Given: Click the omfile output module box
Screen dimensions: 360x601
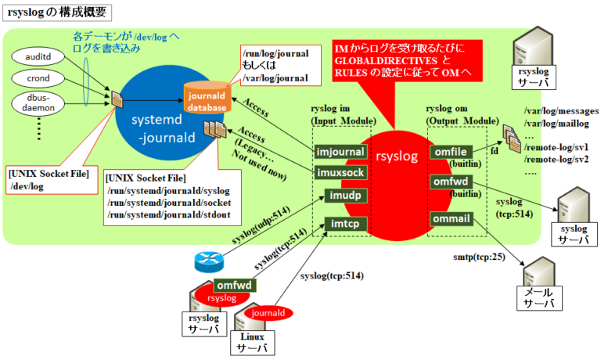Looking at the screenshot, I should click(449, 151).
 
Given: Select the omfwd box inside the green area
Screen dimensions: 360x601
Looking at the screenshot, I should click(449, 182).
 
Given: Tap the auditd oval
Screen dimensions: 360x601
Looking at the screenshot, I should click(39, 57).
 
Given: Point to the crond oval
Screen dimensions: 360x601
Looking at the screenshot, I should click(39, 79).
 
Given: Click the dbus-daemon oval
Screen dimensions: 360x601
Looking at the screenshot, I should click(39, 103).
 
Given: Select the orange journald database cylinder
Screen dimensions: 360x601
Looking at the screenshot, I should click(207, 99).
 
